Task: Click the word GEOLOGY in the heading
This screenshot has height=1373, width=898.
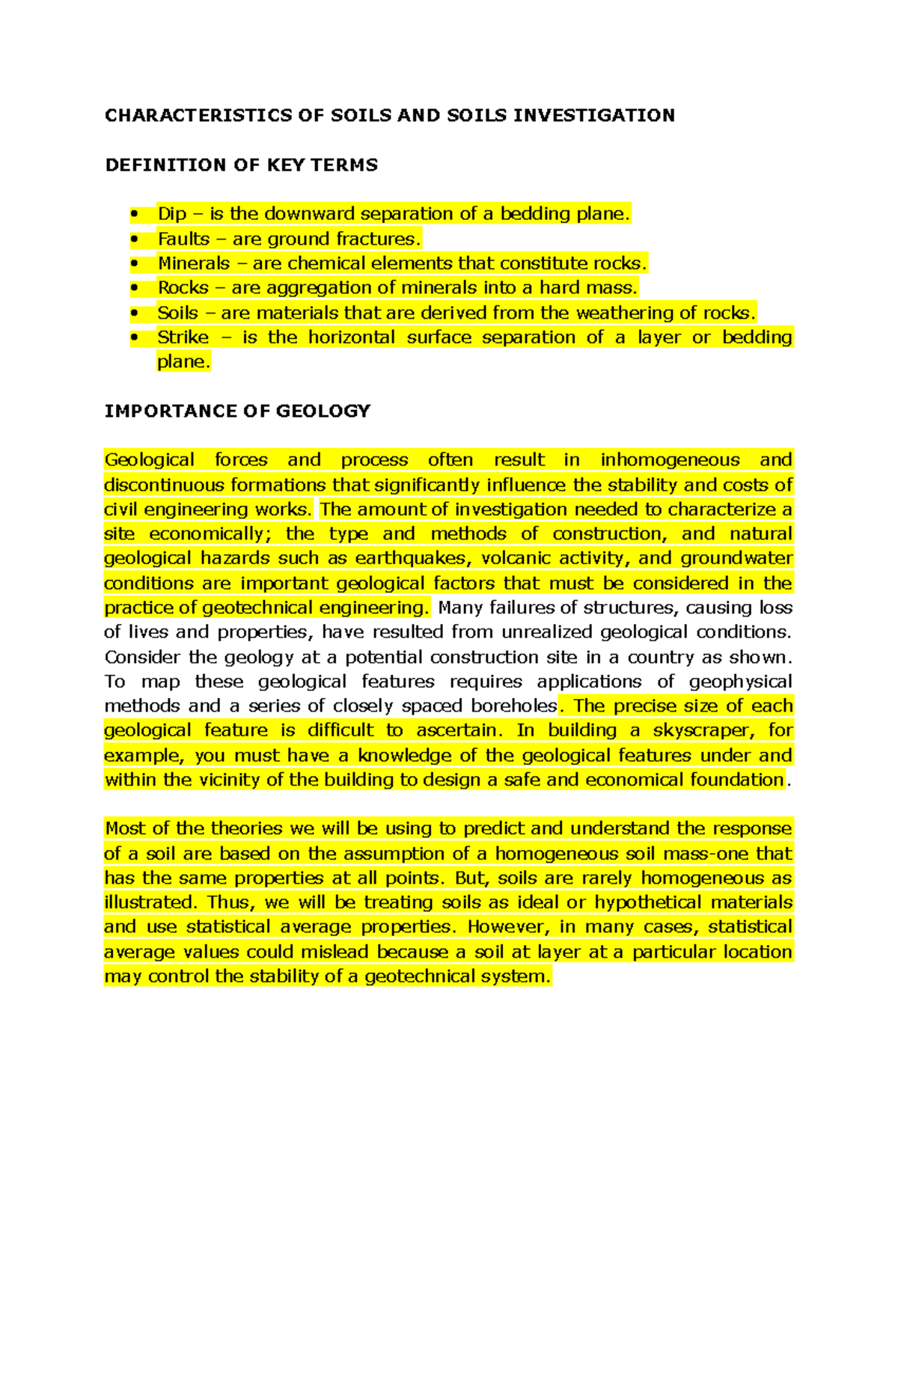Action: (323, 411)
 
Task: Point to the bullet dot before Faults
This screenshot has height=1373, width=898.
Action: (134, 239)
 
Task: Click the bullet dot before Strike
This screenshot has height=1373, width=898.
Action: (134, 337)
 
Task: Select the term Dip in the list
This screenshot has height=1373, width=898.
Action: (171, 214)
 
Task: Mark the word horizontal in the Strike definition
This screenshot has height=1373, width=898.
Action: (352, 337)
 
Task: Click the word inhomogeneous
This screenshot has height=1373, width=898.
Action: (670, 459)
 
